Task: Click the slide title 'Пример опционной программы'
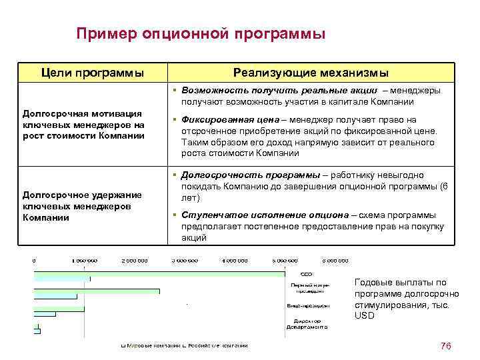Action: point(201,33)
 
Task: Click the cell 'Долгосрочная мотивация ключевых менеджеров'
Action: point(83,125)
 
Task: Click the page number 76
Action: point(446,345)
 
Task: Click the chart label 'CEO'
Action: point(306,273)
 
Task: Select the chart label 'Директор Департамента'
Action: point(306,325)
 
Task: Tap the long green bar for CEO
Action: point(160,273)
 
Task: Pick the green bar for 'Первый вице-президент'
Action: point(97,291)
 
